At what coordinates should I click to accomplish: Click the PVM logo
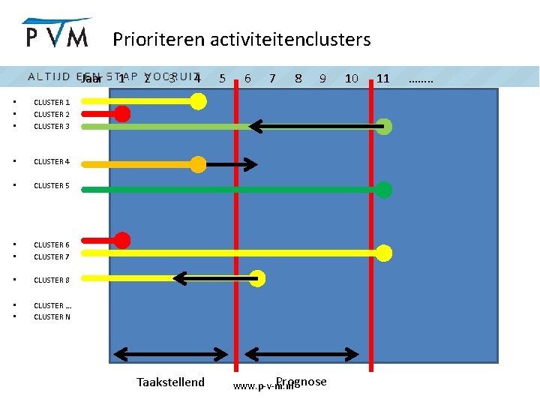click(x=56, y=33)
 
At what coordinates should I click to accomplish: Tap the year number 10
click(x=351, y=78)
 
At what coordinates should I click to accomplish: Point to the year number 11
click(x=382, y=78)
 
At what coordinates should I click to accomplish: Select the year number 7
click(x=272, y=78)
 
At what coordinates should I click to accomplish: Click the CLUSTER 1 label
click(x=52, y=103)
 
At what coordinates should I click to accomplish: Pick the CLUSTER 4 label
click(x=52, y=161)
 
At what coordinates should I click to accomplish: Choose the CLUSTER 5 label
click(x=52, y=185)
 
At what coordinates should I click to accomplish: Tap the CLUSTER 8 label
click(x=52, y=280)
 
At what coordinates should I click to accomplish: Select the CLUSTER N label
click(x=52, y=316)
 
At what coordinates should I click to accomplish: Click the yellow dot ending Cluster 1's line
click(x=198, y=101)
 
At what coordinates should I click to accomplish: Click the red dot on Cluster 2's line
click(x=122, y=114)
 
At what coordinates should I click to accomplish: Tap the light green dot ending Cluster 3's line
click(x=384, y=127)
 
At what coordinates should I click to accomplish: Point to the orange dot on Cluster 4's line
click(x=198, y=164)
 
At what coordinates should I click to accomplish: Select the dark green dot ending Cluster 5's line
click(x=384, y=189)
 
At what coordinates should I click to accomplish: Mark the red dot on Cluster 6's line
click(x=122, y=241)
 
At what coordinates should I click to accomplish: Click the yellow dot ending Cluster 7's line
click(x=384, y=253)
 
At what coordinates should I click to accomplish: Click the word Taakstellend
click(x=170, y=382)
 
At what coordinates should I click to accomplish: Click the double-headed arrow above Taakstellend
click(x=175, y=352)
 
